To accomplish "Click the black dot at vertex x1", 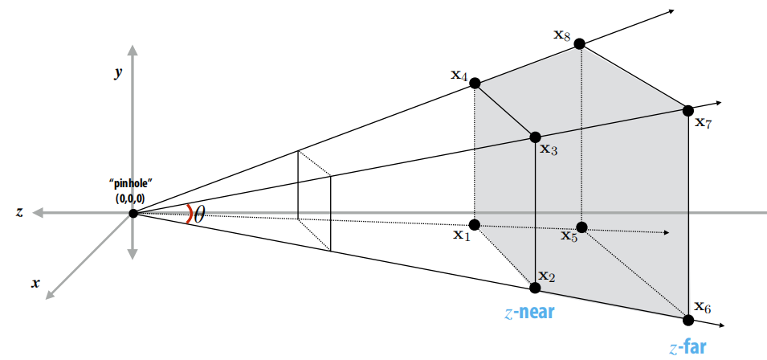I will [475, 224].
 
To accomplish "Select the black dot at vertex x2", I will [535, 287].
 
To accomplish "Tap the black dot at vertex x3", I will [535, 137].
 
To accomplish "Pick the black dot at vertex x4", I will [475, 83].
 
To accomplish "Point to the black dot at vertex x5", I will [581, 227].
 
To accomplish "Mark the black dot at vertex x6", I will [688, 320].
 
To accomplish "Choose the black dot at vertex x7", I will [688, 110].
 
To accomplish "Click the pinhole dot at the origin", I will [133, 212].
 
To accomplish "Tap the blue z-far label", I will [687, 347].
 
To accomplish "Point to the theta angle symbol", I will [199, 214].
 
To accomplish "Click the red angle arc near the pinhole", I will [189, 213].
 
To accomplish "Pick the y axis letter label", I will [118, 72].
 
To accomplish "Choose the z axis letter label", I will [18, 212].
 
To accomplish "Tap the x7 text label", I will [704, 123].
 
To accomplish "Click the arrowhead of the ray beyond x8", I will [668, 12].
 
